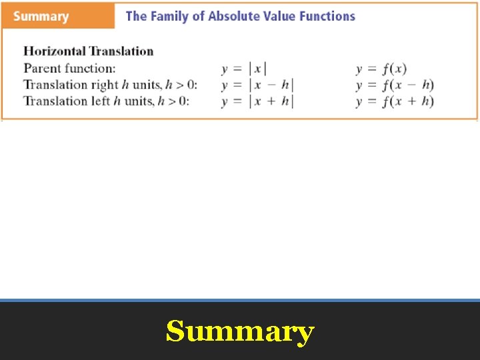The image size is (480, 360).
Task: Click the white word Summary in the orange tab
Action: click(40, 17)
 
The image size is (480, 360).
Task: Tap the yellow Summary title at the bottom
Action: click(240, 331)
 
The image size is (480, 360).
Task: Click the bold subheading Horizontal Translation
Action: click(89, 51)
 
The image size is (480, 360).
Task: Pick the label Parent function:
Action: click(69, 68)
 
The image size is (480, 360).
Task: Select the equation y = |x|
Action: click(244, 69)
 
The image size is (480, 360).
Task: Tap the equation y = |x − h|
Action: click(257, 85)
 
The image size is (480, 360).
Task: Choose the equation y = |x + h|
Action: click(257, 102)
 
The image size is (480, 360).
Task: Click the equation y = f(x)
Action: click(381, 69)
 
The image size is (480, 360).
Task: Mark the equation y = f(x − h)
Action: click(395, 85)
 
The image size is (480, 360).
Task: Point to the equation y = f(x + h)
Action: click(395, 102)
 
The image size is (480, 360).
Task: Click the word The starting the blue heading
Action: click(136, 16)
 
